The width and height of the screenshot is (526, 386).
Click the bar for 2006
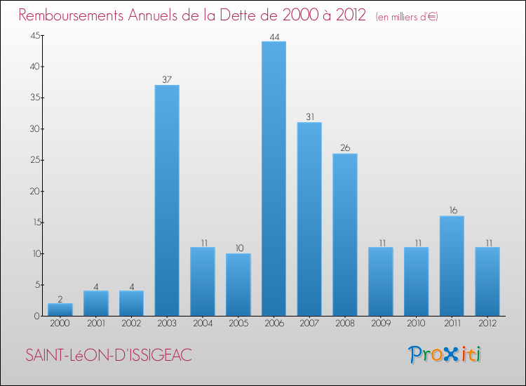[x=274, y=179]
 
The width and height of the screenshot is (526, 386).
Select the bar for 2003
[x=167, y=201]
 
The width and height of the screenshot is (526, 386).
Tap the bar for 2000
[x=60, y=310]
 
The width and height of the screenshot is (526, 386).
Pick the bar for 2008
[x=345, y=235]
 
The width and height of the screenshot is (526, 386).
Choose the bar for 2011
[x=452, y=266]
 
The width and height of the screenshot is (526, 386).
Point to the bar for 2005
[x=238, y=285]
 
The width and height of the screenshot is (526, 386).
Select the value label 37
[x=167, y=80]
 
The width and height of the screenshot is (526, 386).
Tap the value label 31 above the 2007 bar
[x=309, y=117]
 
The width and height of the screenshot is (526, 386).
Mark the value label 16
[x=452, y=211]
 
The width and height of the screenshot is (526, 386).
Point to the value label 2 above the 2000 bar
[x=60, y=298]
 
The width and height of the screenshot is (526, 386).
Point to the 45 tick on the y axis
[x=34, y=36]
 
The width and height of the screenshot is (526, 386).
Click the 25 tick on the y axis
[x=34, y=160]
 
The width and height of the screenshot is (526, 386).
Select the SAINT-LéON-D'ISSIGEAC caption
[x=109, y=355]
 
